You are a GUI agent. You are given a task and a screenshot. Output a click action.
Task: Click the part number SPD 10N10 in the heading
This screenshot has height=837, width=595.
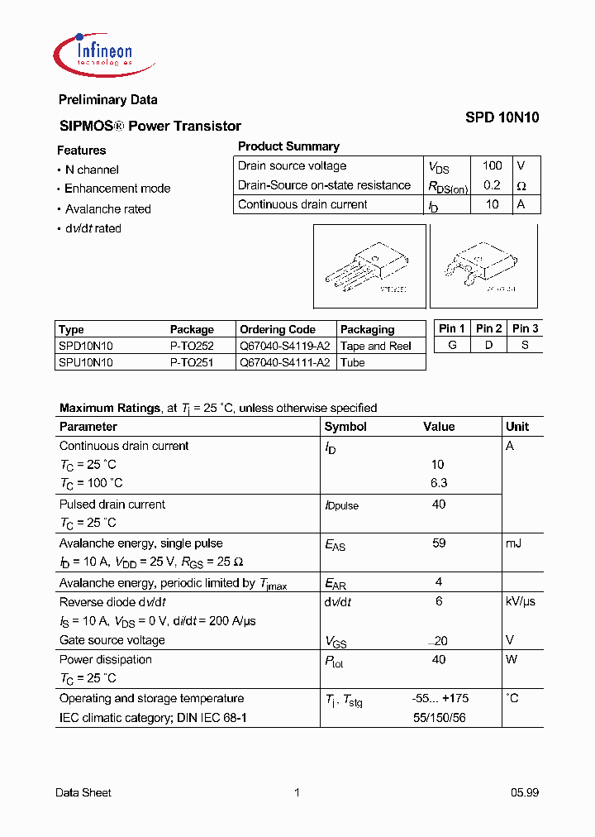click(x=502, y=117)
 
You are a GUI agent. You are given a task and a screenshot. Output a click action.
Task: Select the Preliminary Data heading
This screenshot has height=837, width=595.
click(x=107, y=100)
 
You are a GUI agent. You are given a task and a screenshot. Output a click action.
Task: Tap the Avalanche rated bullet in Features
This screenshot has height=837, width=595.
click(x=107, y=209)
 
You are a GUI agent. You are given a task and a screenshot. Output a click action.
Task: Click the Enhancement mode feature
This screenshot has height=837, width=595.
click(x=117, y=189)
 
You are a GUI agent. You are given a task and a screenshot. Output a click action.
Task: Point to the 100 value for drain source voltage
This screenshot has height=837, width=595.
click(x=492, y=165)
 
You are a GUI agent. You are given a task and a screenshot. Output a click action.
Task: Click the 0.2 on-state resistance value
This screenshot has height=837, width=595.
click(x=492, y=185)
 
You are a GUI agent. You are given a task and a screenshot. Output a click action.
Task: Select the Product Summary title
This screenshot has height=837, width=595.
click(x=288, y=146)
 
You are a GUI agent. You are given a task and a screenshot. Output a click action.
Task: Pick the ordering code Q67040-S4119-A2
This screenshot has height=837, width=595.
click(x=284, y=346)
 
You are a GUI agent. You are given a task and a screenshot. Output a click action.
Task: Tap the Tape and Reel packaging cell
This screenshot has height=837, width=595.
click(x=376, y=346)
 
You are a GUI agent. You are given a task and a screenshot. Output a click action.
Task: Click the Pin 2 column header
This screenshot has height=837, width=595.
click(x=488, y=328)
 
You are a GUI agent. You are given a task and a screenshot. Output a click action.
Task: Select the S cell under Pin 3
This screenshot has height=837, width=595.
click(x=525, y=345)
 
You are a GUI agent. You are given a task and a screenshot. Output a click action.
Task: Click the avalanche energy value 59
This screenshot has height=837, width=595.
click(x=439, y=543)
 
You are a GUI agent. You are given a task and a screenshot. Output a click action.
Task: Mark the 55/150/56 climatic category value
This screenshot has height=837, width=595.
click(x=439, y=718)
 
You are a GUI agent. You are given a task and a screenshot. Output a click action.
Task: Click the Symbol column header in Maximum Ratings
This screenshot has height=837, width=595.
click(x=345, y=427)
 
